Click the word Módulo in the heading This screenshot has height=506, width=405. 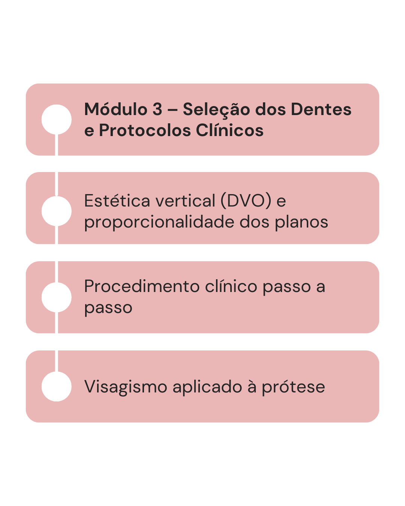(116, 109)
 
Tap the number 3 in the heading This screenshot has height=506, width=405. (157, 109)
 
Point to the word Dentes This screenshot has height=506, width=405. (321, 109)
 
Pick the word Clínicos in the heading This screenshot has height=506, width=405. (229, 130)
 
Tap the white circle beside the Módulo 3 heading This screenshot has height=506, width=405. (57, 120)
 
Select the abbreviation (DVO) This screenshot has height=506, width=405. (246, 201)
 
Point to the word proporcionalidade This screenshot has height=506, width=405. (159, 222)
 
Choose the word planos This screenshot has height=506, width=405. (301, 222)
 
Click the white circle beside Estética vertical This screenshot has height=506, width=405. (57, 211)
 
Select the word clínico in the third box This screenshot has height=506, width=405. (231, 287)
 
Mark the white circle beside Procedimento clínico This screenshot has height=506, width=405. (57, 297)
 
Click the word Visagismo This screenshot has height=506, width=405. (126, 387)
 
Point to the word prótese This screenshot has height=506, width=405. (293, 387)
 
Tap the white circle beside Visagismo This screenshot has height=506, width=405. (57, 386)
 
